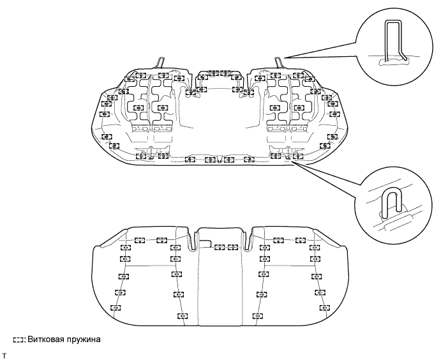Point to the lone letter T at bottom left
pyautogui.click(x=4, y=352)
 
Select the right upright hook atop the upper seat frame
pyautogui.click(x=279, y=62)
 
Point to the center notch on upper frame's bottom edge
pyautogui.click(x=220, y=157)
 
